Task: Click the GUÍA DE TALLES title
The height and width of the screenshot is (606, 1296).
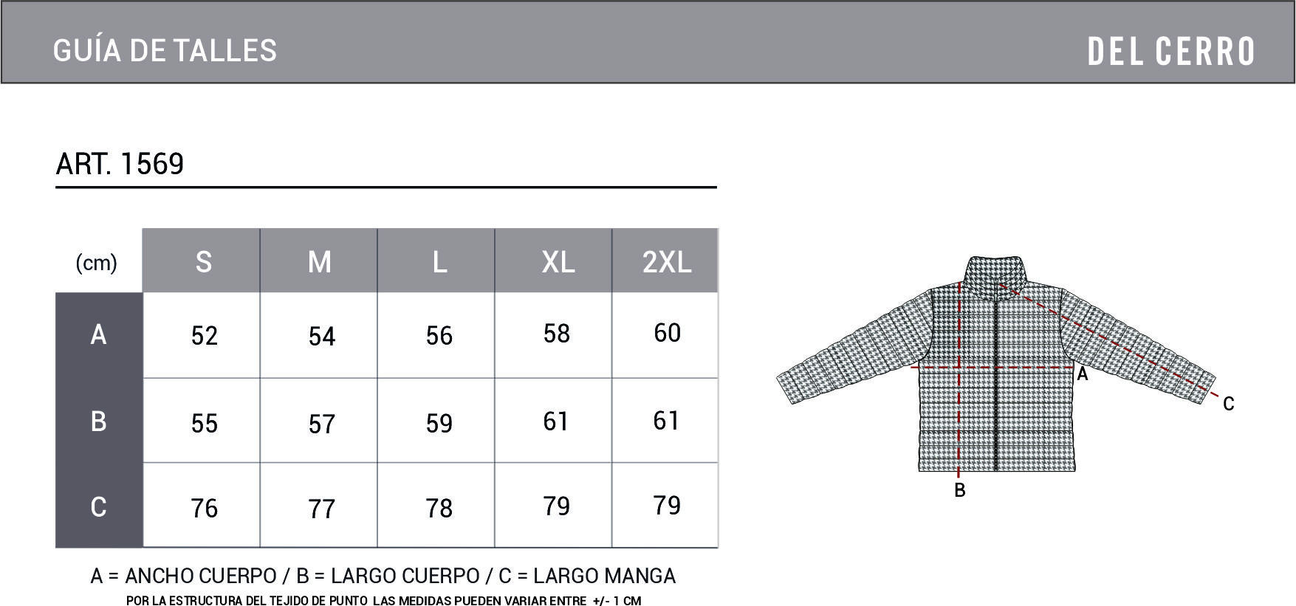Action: (165, 50)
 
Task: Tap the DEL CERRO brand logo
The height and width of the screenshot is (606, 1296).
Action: (1171, 51)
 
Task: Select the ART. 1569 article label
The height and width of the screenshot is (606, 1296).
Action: (120, 163)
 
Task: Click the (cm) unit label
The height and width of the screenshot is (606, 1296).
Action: (97, 262)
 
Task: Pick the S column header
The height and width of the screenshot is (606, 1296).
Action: (204, 262)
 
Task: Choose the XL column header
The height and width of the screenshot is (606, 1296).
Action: (558, 262)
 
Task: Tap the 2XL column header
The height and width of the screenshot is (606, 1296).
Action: (667, 262)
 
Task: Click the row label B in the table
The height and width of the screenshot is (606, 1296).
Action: (98, 421)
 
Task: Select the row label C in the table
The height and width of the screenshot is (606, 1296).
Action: (98, 507)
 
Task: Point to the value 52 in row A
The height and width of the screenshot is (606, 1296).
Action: (205, 336)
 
